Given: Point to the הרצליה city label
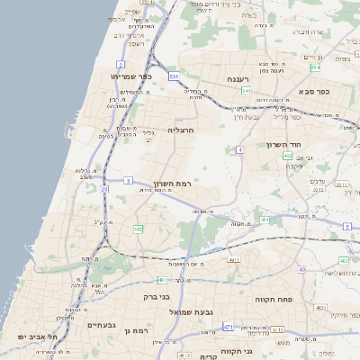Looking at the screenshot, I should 182,130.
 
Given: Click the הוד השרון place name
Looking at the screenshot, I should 288,144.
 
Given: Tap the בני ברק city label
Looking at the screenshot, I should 157,296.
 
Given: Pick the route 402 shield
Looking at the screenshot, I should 287,156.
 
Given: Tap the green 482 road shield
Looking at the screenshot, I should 138,229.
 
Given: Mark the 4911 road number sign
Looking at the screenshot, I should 235,260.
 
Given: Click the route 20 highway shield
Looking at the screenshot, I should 104,190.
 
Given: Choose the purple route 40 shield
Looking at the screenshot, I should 302,270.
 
